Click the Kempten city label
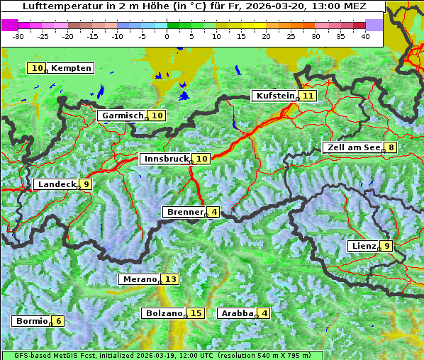[71, 68]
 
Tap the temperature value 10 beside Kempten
[37, 68]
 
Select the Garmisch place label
[123, 116]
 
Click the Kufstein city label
[274, 96]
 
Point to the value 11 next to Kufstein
[307, 96]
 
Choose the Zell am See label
[352, 147]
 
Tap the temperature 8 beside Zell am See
[391, 147]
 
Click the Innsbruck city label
[165, 159]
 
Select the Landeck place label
[56, 184]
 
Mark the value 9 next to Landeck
[86, 184]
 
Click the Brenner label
[184, 212]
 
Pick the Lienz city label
[362, 246]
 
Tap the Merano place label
[139, 279]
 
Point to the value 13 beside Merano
[171, 279]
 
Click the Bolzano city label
[164, 313]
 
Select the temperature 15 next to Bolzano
[196, 313]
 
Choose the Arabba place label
[238, 313]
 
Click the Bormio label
[32, 321]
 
